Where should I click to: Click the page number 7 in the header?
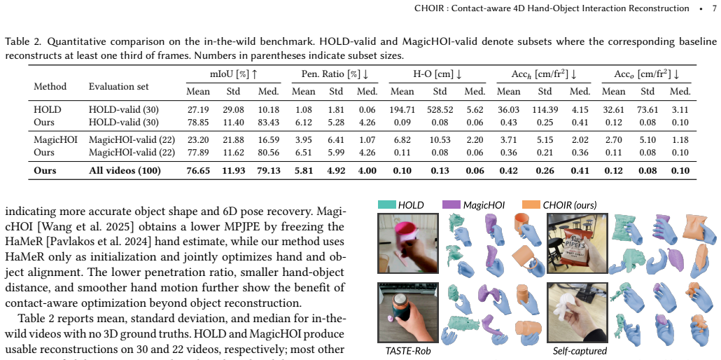tap(713, 8)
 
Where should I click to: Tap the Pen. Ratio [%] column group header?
tap(331, 74)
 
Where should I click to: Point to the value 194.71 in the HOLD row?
tap(402, 110)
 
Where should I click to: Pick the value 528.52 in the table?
tap(440, 110)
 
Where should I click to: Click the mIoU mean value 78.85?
tap(198, 123)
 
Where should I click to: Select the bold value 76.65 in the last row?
tap(198, 170)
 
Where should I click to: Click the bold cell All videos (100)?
tap(125, 170)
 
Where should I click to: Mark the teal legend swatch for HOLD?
tap(386, 205)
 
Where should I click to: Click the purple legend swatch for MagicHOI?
tap(451, 205)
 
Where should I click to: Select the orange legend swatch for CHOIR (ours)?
tap(531, 205)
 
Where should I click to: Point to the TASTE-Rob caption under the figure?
tap(408, 352)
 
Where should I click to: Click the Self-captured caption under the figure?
tap(580, 351)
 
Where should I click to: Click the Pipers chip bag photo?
tap(577, 244)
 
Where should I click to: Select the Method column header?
tap(50, 86)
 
